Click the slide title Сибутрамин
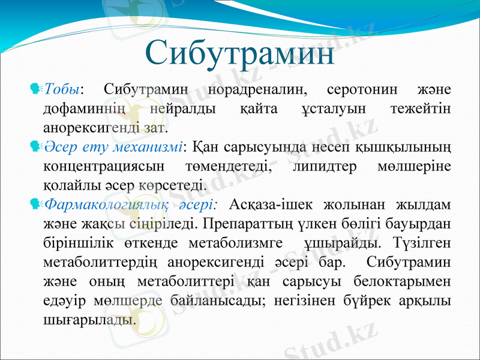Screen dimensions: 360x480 click(x=240, y=54)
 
